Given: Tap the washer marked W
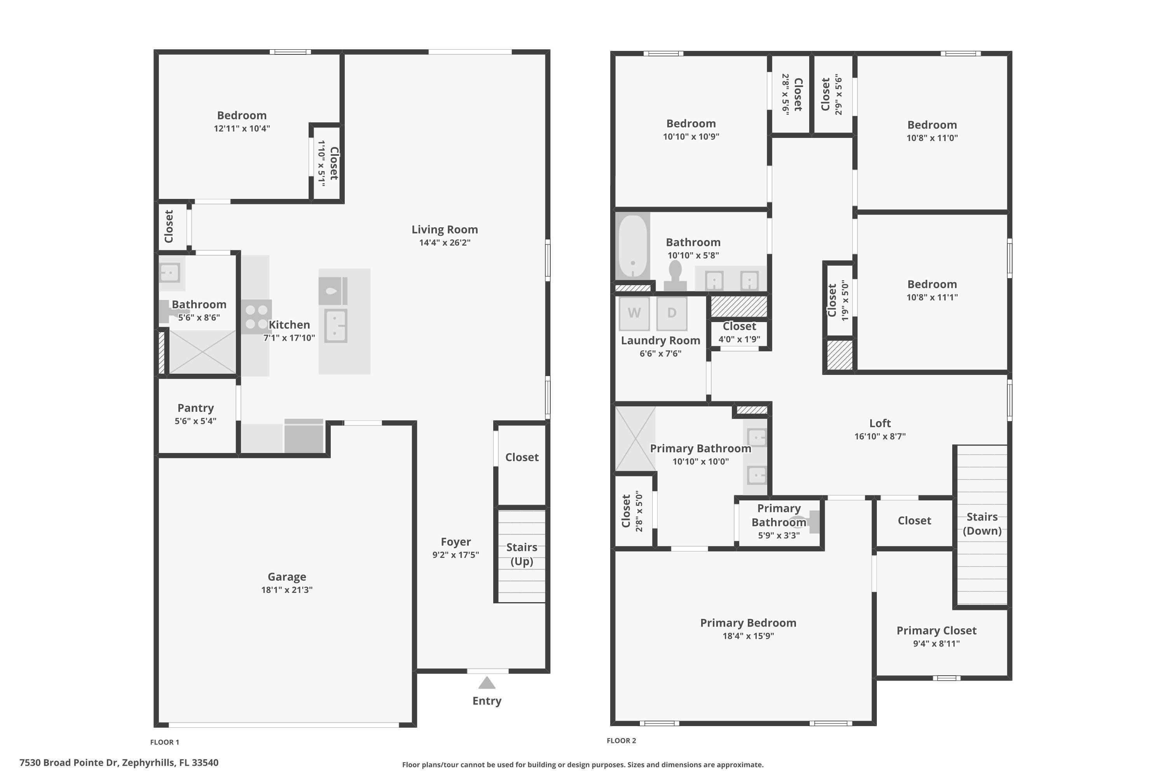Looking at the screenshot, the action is (634, 313).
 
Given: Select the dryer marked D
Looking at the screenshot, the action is (672, 313).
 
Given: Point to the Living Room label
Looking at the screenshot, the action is (445, 230).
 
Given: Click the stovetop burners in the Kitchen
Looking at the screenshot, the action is (256, 317).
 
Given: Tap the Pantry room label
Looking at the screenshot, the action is (196, 408).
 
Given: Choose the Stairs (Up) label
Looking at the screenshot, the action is (522, 554).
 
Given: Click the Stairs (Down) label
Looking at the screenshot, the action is (982, 524).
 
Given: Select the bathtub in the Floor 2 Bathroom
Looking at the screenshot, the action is (633, 246).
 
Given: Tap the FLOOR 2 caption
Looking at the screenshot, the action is (621, 740).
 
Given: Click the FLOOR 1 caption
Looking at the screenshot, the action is (164, 742).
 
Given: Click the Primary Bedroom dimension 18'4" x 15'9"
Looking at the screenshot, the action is (748, 636).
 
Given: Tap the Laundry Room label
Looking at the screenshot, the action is (660, 340).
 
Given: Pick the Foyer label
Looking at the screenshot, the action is (456, 542).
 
